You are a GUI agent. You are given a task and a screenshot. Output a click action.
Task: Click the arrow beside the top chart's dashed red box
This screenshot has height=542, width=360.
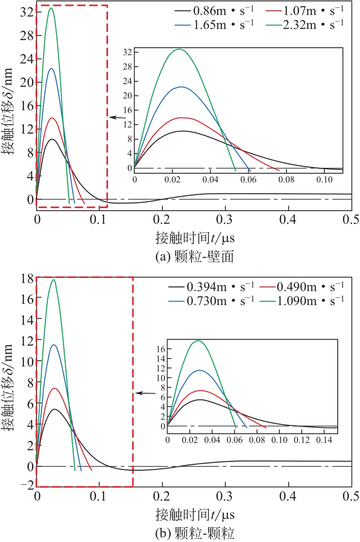116,118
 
